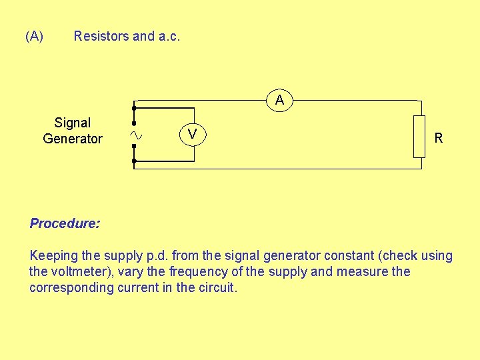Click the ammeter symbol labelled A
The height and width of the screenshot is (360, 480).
tap(280, 100)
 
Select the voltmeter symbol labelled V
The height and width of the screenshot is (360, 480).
tap(192, 135)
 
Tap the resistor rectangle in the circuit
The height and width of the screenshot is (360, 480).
tap(419, 137)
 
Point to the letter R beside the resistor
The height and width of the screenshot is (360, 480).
tap(439, 139)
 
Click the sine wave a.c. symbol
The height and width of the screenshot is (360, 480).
tap(136, 135)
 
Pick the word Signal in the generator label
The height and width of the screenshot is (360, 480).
tap(72, 123)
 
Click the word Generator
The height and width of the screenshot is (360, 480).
tap(72, 139)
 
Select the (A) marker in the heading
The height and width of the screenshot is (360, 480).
tap(35, 36)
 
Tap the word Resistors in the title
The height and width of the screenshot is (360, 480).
tap(101, 36)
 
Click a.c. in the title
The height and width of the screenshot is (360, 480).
tap(169, 36)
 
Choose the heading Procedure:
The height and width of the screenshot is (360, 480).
tap(65, 223)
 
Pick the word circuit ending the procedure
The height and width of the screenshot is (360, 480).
tap(217, 287)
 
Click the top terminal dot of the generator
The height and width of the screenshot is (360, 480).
tap(134, 107)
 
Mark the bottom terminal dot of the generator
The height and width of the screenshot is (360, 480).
tap(134, 161)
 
